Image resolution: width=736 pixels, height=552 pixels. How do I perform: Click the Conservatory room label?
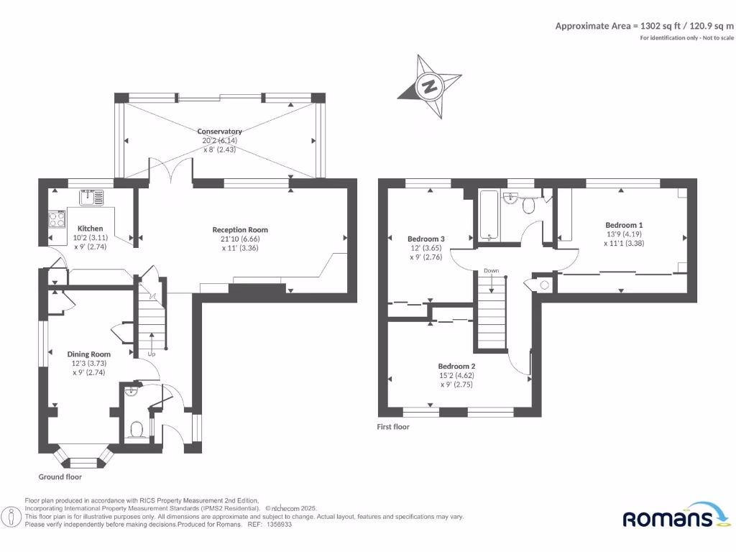[220, 132]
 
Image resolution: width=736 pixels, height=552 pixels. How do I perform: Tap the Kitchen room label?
[91, 229]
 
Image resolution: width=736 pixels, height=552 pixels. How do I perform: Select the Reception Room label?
[240, 230]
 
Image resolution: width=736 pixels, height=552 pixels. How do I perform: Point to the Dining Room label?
[89, 354]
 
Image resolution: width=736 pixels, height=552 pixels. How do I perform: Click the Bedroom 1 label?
[624, 225]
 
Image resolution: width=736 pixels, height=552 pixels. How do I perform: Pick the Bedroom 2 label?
[456, 366]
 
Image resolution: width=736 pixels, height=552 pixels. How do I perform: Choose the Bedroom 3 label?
[426, 239]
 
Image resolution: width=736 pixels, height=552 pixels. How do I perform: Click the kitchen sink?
[92, 195]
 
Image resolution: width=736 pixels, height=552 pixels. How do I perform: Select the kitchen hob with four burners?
[56, 218]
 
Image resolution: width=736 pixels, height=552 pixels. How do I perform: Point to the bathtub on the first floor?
[489, 215]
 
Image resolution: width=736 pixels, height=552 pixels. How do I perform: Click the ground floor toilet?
[137, 430]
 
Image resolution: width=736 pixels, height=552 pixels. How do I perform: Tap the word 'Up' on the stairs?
[151, 354]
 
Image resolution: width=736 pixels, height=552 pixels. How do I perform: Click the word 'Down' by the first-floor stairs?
[491, 271]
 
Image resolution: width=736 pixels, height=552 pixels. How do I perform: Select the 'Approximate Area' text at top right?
[644, 26]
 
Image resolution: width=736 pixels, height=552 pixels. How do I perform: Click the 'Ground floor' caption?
[60, 477]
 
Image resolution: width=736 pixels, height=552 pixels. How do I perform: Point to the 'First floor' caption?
[393, 426]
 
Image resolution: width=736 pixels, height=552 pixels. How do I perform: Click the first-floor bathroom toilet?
[529, 206]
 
